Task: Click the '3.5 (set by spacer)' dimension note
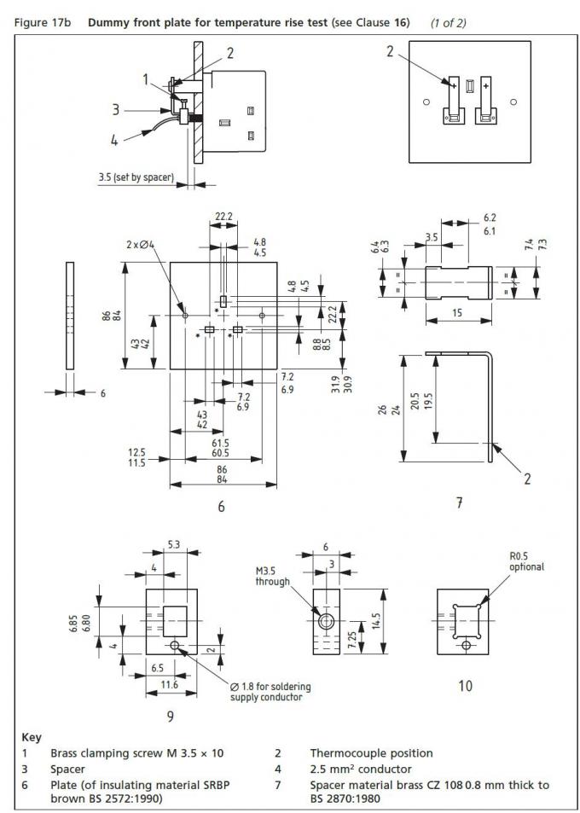pos(136,178)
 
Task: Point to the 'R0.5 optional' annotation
pos(525,560)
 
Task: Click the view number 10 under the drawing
pos(465,684)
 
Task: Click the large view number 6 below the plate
pos(221,506)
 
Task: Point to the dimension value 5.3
pos(172,543)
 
